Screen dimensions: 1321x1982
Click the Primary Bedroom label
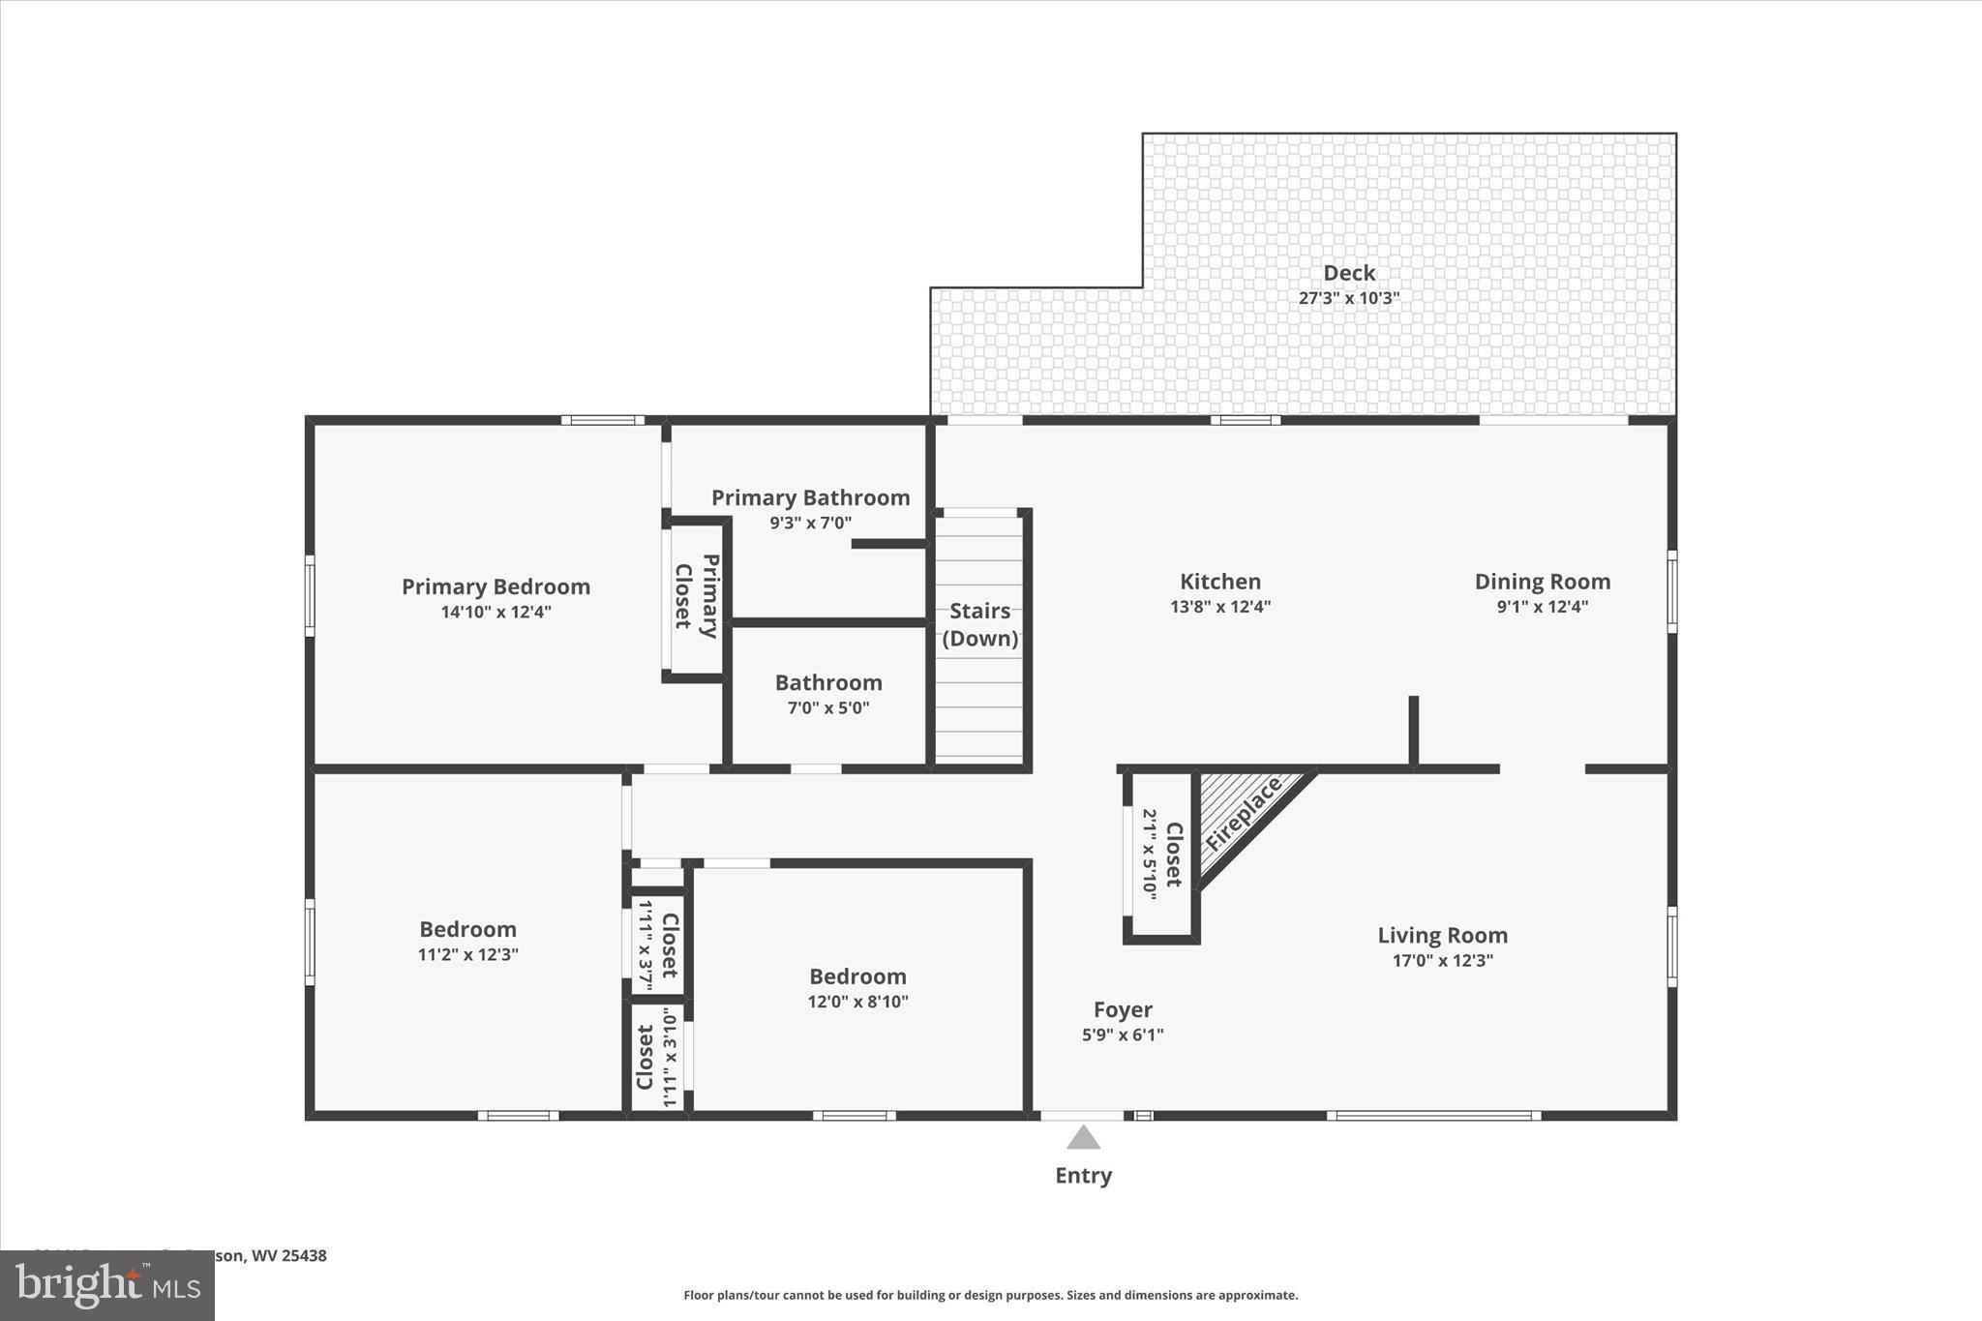coord(495,586)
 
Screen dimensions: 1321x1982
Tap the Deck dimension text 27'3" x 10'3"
coord(1348,298)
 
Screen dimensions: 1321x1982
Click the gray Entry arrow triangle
coord(1083,1137)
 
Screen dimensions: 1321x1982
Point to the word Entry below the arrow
coord(1083,1175)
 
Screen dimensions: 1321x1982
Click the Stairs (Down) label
coord(979,624)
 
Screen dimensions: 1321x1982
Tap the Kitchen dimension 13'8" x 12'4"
coord(1219,607)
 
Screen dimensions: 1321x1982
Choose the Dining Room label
coord(1542,582)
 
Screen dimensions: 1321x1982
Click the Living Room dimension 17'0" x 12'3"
coord(1442,960)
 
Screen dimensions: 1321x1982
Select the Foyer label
coord(1123,1009)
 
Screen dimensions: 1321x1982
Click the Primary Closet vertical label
coord(697,596)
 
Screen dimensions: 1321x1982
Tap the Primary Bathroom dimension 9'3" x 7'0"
coord(810,523)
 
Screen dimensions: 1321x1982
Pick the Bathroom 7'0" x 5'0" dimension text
coord(828,707)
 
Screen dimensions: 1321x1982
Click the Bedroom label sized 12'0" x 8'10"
coord(857,976)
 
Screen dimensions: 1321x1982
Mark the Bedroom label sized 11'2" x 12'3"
coord(467,929)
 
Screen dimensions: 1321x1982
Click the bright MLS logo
coord(107,1285)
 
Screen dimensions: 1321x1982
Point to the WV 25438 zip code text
coord(288,1255)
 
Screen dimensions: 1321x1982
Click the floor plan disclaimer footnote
coord(990,1295)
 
